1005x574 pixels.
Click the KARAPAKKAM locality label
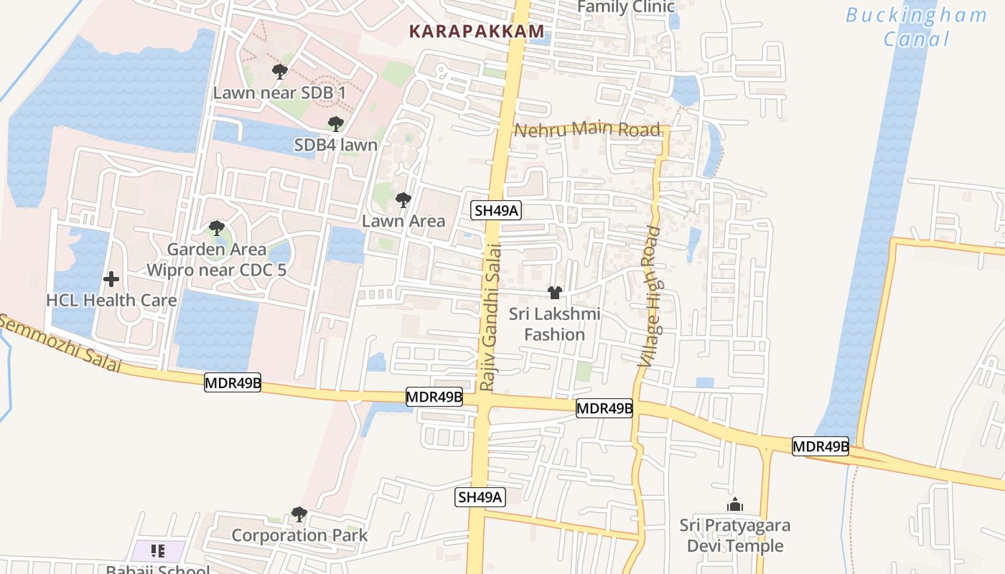(x=476, y=32)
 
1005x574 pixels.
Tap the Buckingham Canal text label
(x=916, y=27)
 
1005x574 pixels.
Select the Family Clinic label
(x=626, y=7)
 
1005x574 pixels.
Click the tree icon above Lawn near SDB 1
(x=280, y=72)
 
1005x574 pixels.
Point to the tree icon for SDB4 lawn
(x=335, y=124)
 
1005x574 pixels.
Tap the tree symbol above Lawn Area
(x=403, y=200)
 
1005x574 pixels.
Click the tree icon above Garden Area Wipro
(x=216, y=229)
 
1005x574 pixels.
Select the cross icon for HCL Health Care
(x=111, y=279)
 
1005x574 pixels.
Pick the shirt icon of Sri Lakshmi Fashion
(x=555, y=293)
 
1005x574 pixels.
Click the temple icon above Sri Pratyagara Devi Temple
(x=734, y=504)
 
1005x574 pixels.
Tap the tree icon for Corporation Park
(x=299, y=514)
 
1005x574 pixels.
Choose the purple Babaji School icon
(x=158, y=551)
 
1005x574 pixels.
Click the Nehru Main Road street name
(x=587, y=130)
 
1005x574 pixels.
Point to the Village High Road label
(x=650, y=296)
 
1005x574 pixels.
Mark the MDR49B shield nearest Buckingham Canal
(x=821, y=446)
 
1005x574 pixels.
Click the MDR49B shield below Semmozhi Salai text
(x=233, y=382)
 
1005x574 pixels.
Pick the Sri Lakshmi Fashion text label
(x=555, y=324)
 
